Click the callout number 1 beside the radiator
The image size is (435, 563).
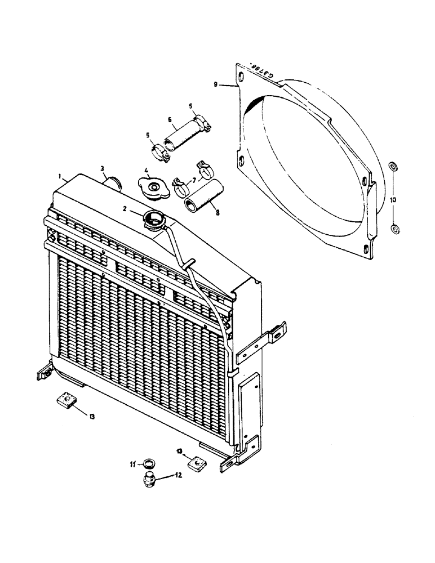tap(60, 176)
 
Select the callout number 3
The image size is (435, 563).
tap(102, 168)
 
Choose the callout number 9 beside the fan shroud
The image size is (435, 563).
tap(216, 85)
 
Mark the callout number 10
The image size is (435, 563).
tap(393, 200)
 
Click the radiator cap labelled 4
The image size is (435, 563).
tap(151, 188)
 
